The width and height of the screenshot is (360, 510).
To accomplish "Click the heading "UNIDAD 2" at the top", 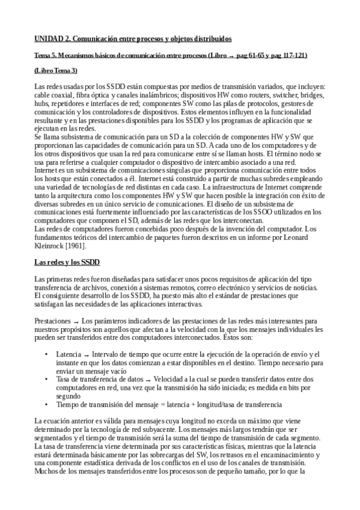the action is click(53, 39).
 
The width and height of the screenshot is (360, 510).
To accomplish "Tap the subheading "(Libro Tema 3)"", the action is click(56, 71).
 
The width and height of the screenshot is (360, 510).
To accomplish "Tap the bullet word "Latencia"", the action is click(69, 354).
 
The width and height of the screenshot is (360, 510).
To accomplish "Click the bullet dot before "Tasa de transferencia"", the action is click(47, 379).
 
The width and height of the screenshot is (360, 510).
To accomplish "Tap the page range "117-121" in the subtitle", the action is click(294, 55).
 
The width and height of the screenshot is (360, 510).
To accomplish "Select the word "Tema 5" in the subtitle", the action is click(46, 55).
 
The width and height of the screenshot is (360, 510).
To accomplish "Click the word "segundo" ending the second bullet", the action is click(68, 396).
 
